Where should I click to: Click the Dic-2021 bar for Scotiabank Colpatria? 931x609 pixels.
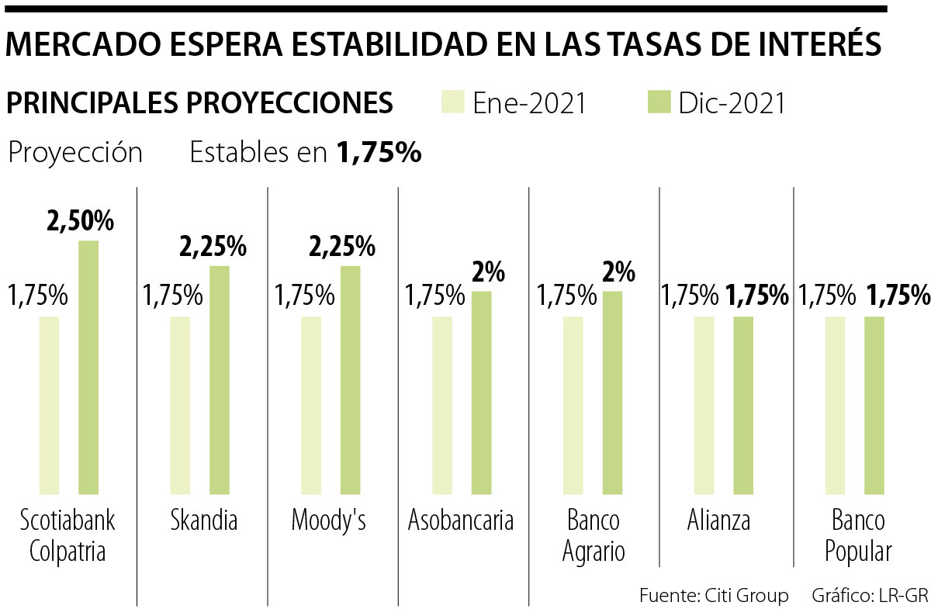point(88,367)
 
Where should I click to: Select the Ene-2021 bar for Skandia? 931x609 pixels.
point(180,405)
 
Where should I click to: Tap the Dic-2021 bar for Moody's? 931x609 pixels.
point(350,379)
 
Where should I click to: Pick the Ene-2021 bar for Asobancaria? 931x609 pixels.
point(442,405)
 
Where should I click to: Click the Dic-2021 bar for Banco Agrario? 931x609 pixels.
point(612,393)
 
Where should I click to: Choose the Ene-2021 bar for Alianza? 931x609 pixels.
point(704,405)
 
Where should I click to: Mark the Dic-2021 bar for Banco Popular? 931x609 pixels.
point(874,405)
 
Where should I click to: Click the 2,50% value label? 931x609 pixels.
point(80,221)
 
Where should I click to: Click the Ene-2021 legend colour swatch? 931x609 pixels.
point(452,102)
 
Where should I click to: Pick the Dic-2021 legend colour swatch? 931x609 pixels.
point(658,102)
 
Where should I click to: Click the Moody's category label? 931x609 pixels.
point(328,521)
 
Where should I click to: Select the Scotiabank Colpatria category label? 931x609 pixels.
point(67,535)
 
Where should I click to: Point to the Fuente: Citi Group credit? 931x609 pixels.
point(714,596)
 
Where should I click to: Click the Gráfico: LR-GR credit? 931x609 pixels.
point(870,596)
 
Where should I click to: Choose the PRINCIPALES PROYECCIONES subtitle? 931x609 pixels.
point(199,102)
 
